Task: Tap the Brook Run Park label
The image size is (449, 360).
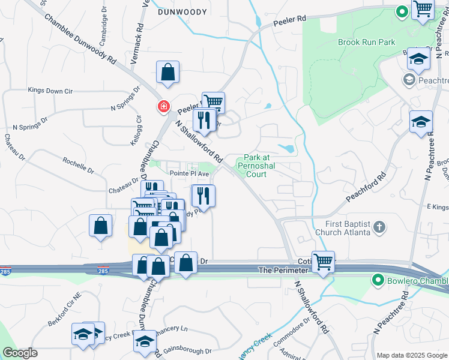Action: [367, 43]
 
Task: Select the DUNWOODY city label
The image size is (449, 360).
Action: [178, 11]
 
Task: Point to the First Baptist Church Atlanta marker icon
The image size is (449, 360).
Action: [379, 227]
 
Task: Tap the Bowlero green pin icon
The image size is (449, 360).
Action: [378, 280]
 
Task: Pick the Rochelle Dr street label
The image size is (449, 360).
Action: [78, 166]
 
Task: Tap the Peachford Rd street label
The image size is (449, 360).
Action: [364, 190]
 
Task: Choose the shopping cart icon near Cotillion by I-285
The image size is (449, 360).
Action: [323, 262]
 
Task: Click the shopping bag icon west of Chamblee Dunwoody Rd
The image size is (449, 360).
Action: [100, 226]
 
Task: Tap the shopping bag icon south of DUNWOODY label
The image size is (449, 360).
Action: [168, 72]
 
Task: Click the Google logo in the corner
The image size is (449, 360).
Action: [20, 353]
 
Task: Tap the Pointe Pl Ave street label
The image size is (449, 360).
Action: [188, 173]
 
